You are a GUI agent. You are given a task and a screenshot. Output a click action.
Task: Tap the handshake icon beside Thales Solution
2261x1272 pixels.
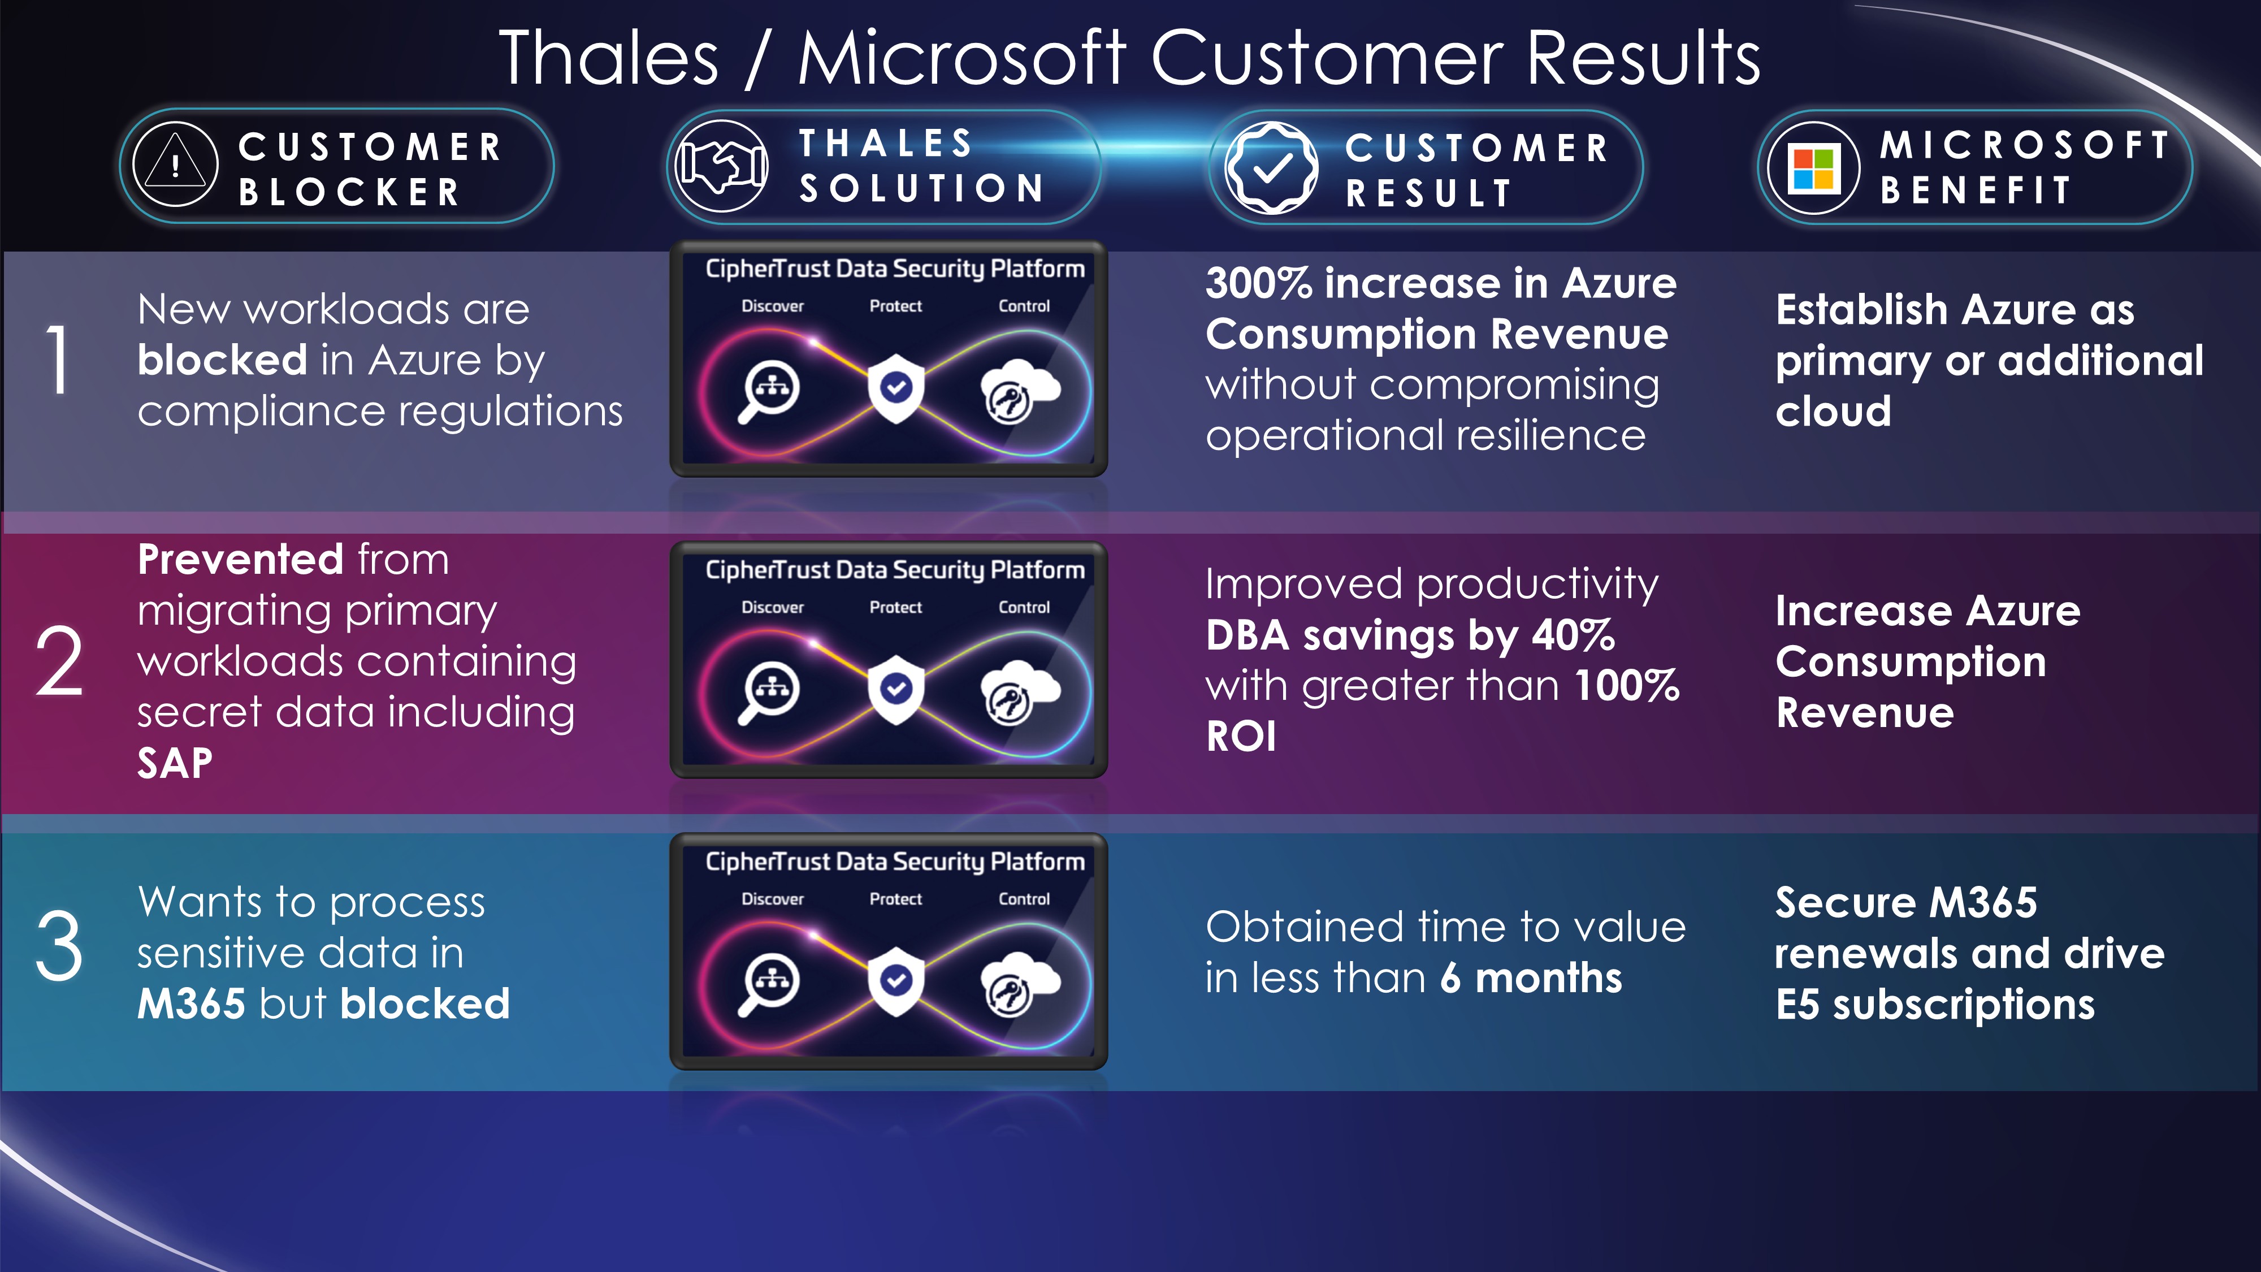pos(721,165)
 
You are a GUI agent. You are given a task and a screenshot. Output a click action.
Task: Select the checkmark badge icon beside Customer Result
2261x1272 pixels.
pos(1271,167)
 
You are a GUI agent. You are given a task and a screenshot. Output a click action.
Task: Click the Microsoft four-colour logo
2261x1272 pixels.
pos(1813,168)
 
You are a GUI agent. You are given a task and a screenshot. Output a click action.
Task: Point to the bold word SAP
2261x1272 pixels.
pos(175,763)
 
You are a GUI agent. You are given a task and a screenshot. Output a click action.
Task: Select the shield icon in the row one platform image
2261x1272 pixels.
pos(895,388)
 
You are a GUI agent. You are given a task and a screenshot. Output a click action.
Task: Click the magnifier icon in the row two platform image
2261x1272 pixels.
pos(768,693)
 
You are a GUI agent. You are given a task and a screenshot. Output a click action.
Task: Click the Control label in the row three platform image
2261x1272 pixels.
pos(1024,899)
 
